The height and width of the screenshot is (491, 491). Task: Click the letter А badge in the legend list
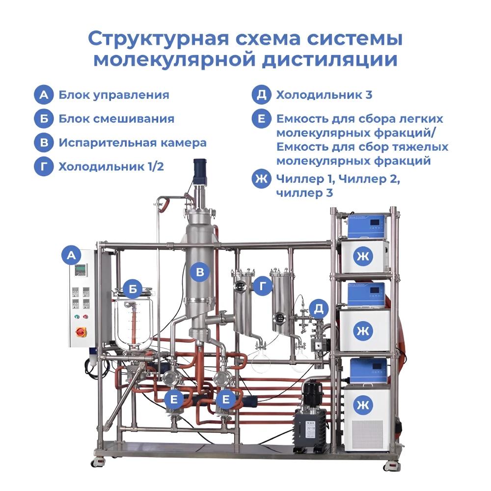44,95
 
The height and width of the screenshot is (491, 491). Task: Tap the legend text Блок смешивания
116,119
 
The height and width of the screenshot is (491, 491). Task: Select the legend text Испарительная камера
133,143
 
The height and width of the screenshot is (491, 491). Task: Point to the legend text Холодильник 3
324,95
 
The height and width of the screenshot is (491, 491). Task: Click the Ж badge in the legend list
262,179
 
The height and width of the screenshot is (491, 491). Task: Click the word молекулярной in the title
175,59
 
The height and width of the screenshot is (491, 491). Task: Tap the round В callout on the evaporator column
200,272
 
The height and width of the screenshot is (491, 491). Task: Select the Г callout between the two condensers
262,286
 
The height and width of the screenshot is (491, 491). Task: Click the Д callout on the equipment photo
319,309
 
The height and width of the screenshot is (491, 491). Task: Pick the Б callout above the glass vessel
133,289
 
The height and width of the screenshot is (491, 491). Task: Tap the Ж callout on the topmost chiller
363,256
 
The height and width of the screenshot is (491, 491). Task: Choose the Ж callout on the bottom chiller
363,405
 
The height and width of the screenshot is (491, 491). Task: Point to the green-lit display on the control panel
80,270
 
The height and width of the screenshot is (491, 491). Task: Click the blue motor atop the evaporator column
199,171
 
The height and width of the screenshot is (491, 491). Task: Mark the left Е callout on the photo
174,399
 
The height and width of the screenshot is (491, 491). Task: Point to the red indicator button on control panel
85,317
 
